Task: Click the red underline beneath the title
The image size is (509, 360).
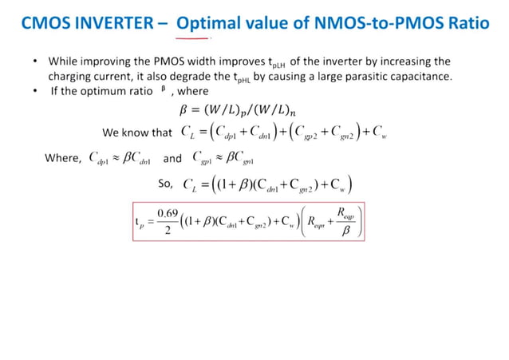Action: [191, 38]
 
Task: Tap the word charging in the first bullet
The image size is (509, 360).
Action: [74, 77]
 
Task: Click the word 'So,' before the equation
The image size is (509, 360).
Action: [166, 185]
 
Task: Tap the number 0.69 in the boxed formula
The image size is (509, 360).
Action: [168, 213]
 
